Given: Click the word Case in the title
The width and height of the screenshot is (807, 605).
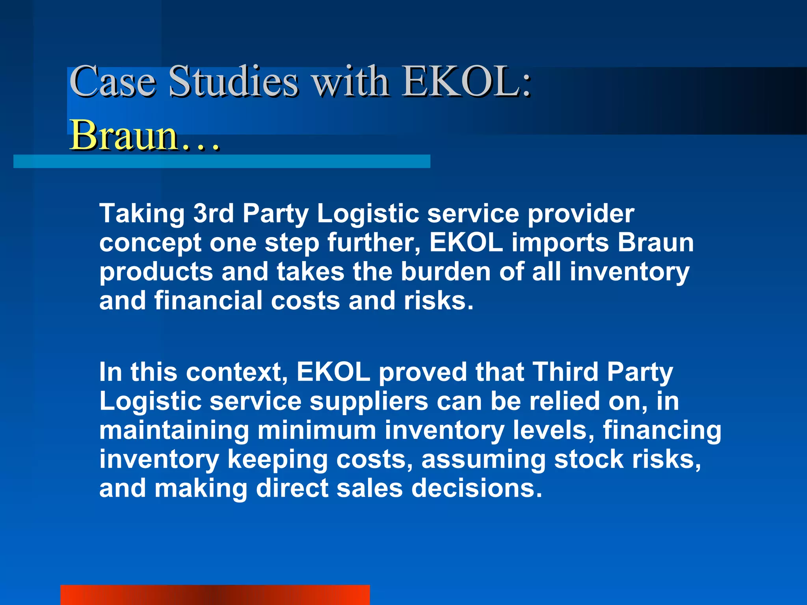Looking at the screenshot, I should (x=112, y=82).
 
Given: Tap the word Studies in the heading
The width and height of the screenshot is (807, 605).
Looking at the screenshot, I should (x=233, y=82).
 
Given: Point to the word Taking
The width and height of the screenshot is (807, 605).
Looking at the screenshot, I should (x=142, y=214).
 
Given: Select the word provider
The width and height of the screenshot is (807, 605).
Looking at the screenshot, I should (x=581, y=214).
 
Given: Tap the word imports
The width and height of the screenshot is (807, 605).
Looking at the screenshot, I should (x=560, y=243).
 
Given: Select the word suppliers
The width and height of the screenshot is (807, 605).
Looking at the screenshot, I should (x=369, y=402).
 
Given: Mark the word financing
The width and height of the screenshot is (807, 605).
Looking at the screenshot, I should (x=662, y=431).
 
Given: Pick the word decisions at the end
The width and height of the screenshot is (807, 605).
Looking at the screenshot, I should (x=477, y=488).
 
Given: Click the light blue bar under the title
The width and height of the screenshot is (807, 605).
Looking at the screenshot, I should (x=221, y=161).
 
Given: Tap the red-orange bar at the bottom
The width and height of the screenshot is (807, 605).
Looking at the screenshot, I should (x=215, y=595).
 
